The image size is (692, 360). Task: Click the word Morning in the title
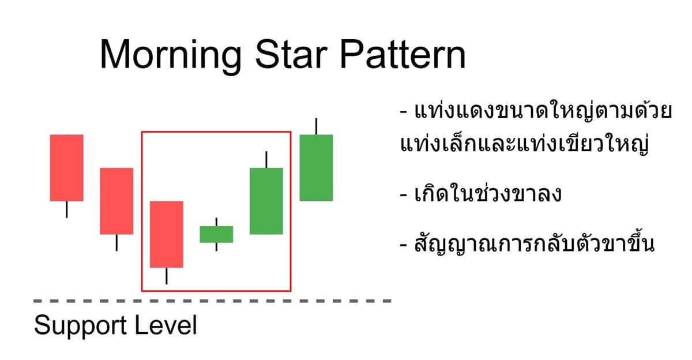(x=171, y=55)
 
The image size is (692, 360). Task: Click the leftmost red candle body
(x=66, y=167)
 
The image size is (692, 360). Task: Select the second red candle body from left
(x=116, y=201)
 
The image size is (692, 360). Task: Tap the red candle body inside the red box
(x=167, y=234)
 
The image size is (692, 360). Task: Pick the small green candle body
(x=216, y=234)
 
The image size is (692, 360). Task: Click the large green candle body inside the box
(x=266, y=201)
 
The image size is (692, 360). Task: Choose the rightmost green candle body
(x=316, y=167)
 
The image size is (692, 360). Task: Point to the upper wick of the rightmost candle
(x=316, y=126)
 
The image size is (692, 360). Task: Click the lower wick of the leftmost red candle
(x=66, y=209)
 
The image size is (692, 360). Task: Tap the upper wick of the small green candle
(x=216, y=222)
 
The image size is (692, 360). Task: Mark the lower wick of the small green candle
(x=216, y=247)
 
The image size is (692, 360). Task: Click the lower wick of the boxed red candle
(x=167, y=276)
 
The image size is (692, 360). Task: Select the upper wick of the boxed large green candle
(x=266, y=159)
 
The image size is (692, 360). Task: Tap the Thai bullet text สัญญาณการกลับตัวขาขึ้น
(x=528, y=244)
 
